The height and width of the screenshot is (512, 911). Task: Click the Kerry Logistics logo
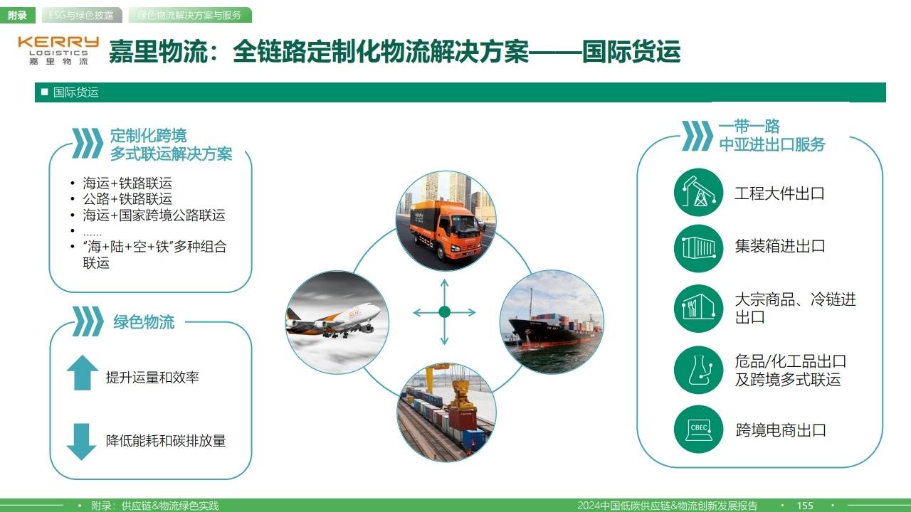click(x=58, y=50)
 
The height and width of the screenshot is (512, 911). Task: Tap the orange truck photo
click(x=446, y=221)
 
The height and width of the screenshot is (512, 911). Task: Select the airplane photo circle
click(x=337, y=322)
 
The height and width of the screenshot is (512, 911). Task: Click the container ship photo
click(x=552, y=321)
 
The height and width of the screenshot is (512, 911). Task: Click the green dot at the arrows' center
click(x=445, y=311)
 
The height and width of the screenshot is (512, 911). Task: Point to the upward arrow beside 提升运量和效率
click(x=82, y=373)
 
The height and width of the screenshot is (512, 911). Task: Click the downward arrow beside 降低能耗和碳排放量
click(x=82, y=441)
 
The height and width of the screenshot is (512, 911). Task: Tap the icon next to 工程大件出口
click(x=698, y=193)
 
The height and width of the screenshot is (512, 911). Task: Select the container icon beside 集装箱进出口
click(x=698, y=247)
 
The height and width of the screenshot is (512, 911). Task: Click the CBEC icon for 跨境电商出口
click(x=698, y=430)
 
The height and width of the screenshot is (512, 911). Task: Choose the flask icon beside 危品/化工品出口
click(x=698, y=370)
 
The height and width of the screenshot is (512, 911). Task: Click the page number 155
click(x=805, y=506)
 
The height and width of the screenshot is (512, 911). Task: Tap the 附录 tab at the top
click(x=17, y=15)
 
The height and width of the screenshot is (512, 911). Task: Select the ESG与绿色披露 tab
click(x=80, y=15)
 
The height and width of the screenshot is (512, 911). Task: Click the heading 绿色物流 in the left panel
click(x=144, y=321)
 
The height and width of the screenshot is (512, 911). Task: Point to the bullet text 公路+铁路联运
click(x=127, y=199)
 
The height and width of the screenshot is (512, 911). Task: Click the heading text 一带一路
click(x=749, y=127)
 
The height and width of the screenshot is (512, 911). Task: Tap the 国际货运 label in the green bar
click(x=75, y=92)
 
